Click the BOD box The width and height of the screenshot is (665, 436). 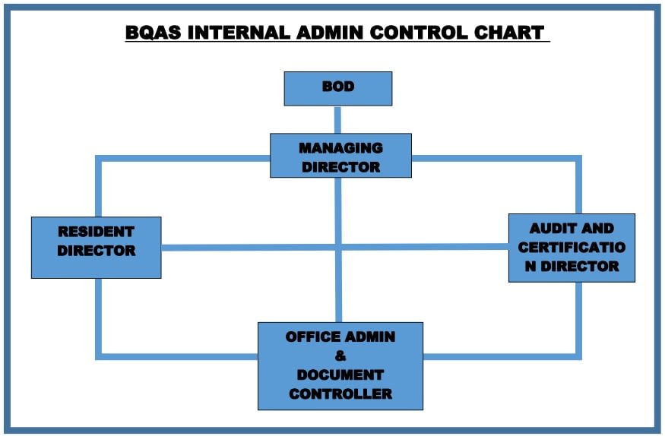(x=338, y=89)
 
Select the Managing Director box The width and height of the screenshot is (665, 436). (x=340, y=156)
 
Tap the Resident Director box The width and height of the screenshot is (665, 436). (x=97, y=248)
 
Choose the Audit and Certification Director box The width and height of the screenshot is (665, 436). (x=572, y=248)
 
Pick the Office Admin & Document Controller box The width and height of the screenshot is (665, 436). (x=340, y=366)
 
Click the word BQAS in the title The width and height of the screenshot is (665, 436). (x=153, y=33)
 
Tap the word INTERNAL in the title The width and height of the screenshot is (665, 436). (x=239, y=33)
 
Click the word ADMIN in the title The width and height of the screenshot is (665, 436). (x=330, y=33)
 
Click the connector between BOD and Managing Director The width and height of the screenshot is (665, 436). (x=337, y=120)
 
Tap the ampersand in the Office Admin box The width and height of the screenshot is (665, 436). (x=340, y=355)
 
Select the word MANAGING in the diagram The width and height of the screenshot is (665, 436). (x=340, y=148)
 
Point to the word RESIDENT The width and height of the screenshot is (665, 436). (x=97, y=232)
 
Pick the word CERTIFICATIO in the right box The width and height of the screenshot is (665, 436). (x=572, y=248)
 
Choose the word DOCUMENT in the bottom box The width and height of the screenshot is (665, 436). (x=340, y=375)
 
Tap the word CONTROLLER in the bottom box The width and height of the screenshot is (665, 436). (x=340, y=394)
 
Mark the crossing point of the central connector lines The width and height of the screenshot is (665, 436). (x=338, y=247)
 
